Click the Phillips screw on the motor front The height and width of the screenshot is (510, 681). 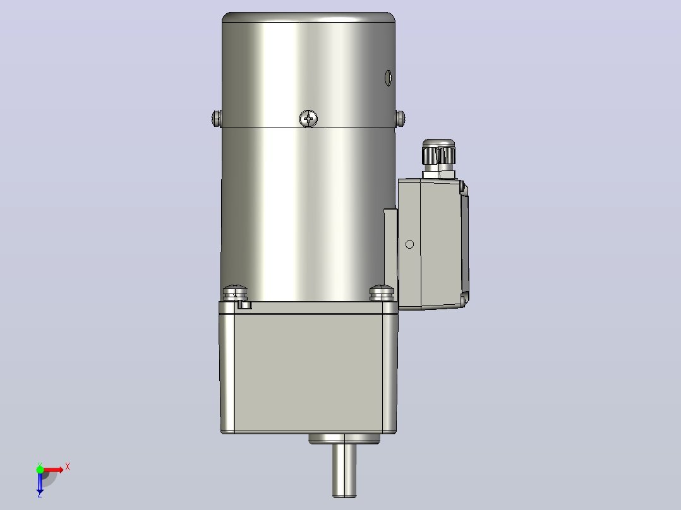(308, 119)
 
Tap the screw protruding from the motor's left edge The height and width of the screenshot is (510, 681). (217, 118)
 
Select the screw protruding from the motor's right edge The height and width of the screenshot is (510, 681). (401, 118)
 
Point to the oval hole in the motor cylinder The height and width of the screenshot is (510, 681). (389, 78)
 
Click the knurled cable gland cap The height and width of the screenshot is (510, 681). (438, 152)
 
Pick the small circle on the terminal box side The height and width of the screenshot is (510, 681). (409, 245)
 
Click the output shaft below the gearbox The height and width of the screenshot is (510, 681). (344, 470)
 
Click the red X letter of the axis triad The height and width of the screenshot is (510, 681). (68, 467)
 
